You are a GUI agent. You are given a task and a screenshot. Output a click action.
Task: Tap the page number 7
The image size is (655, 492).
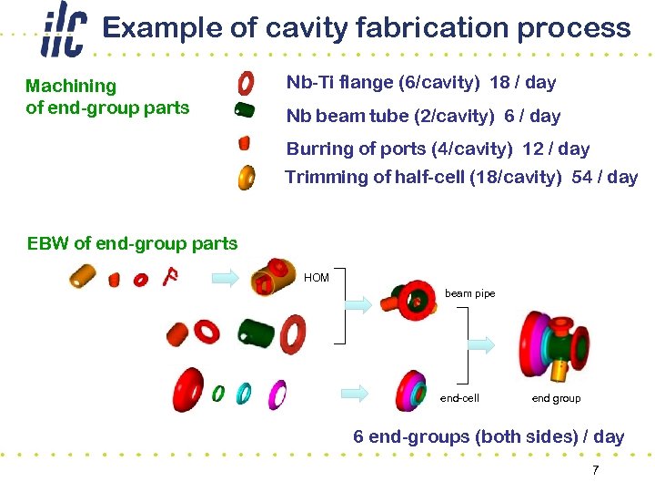(595, 470)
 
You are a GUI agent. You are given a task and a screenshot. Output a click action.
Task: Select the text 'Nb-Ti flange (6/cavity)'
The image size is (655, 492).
(383, 83)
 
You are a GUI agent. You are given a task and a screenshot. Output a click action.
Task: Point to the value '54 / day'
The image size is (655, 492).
(605, 178)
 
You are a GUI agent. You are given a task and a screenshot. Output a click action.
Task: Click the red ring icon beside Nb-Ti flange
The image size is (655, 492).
(246, 84)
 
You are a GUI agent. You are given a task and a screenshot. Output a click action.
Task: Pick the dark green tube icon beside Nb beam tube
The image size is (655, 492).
(244, 110)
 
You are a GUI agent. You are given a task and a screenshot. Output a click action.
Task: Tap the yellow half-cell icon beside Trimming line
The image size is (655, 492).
(246, 177)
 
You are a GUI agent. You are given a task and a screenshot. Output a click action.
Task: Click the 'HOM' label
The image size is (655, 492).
(317, 278)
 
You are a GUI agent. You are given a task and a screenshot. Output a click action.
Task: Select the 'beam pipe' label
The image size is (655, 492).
(469, 293)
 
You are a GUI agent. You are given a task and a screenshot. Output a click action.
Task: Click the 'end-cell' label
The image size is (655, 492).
(458, 398)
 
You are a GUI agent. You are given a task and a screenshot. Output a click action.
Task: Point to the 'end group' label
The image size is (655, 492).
(555, 398)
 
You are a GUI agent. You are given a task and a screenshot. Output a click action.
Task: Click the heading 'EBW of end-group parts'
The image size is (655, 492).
(132, 243)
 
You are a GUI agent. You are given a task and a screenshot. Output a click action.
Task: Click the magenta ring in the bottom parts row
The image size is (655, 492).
(278, 394)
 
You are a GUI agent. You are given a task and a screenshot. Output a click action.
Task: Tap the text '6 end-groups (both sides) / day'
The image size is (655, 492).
(489, 436)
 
